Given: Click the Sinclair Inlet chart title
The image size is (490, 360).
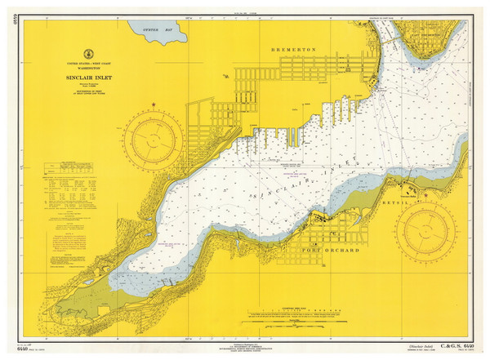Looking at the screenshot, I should click(79, 79).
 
